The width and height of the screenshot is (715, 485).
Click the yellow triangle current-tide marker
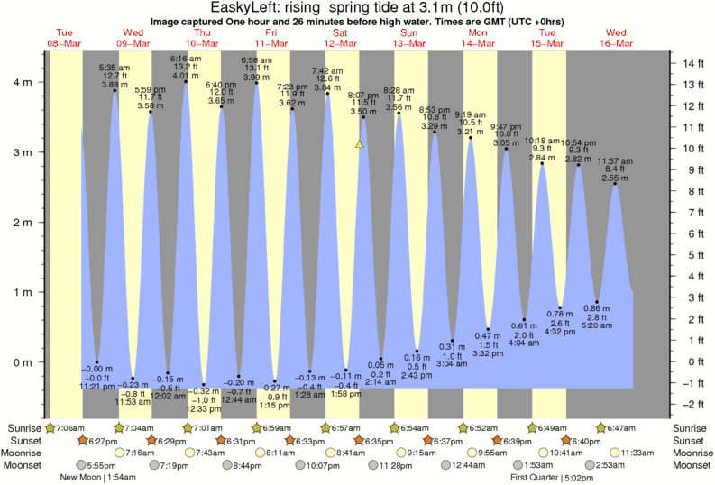coord(359,143)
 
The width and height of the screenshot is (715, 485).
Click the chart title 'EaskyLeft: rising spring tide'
coord(357,8)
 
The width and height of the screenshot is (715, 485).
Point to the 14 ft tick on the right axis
coord(692,63)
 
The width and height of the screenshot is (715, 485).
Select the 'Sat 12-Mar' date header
coord(341,37)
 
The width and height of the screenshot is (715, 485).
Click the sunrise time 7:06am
coord(69,427)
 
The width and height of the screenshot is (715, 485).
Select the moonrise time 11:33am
coord(637,453)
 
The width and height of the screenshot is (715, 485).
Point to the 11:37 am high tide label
coord(617,161)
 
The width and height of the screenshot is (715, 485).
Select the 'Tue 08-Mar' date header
coord(65,37)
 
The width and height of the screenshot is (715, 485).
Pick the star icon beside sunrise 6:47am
coord(600,427)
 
